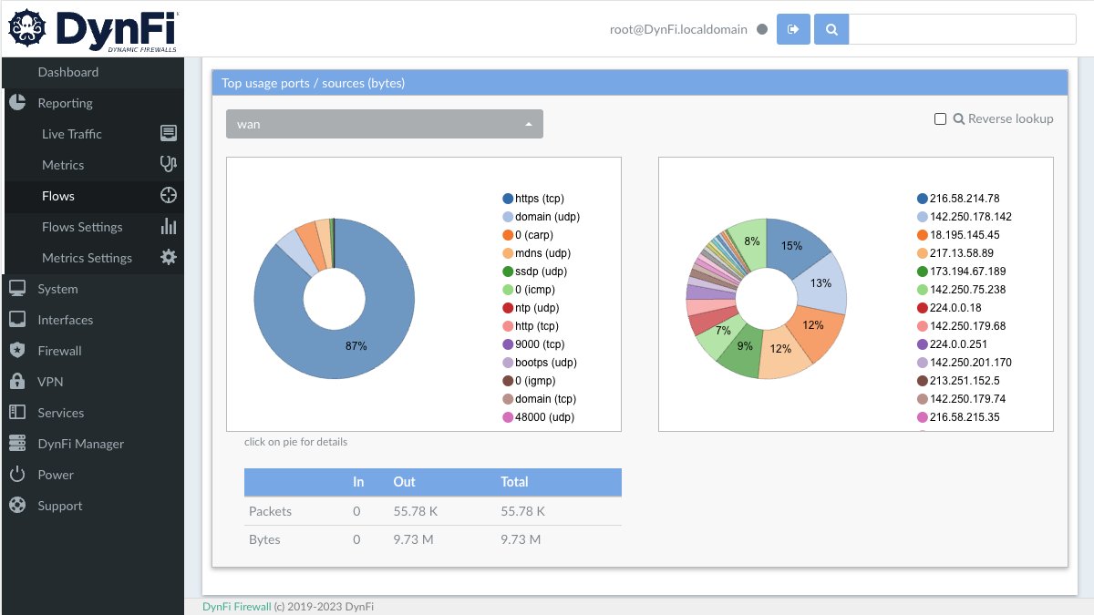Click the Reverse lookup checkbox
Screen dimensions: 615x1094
(940, 119)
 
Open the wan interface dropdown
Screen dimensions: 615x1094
(384, 124)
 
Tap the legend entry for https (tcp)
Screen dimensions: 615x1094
(540, 199)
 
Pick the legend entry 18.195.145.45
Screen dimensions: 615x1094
(964, 235)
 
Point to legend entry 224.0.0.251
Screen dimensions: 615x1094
(961, 344)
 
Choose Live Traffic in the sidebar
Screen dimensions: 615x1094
(72, 134)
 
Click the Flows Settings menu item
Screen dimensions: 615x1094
(82, 227)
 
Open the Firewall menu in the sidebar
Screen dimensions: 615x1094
(59, 351)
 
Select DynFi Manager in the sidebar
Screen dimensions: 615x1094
(80, 444)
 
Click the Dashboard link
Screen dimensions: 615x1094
(67, 72)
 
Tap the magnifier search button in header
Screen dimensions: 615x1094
(831, 29)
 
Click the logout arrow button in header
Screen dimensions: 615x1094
(793, 29)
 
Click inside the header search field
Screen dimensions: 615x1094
(962, 29)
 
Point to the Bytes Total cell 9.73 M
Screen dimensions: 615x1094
(521, 539)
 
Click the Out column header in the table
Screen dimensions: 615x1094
(404, 482)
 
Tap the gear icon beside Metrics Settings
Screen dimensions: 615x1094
(169, 258)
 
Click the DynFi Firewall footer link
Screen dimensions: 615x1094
(236, 607)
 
